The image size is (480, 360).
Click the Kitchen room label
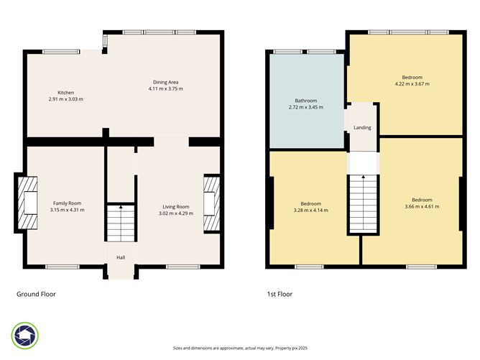coord(66,93)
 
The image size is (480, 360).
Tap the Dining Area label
coord(166,82)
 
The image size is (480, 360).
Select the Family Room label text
coord(67,203)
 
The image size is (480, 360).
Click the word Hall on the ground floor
coord(121,256)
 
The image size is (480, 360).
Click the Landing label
coord(362,128)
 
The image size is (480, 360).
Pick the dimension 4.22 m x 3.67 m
coord(412,84)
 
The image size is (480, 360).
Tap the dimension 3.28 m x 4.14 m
coord(310,210)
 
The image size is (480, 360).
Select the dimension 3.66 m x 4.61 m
coord(422,206)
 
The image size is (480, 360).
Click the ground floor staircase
coord(121,223)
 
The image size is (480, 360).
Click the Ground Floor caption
coord(36,294)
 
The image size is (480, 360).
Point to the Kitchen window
coord(61,51)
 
